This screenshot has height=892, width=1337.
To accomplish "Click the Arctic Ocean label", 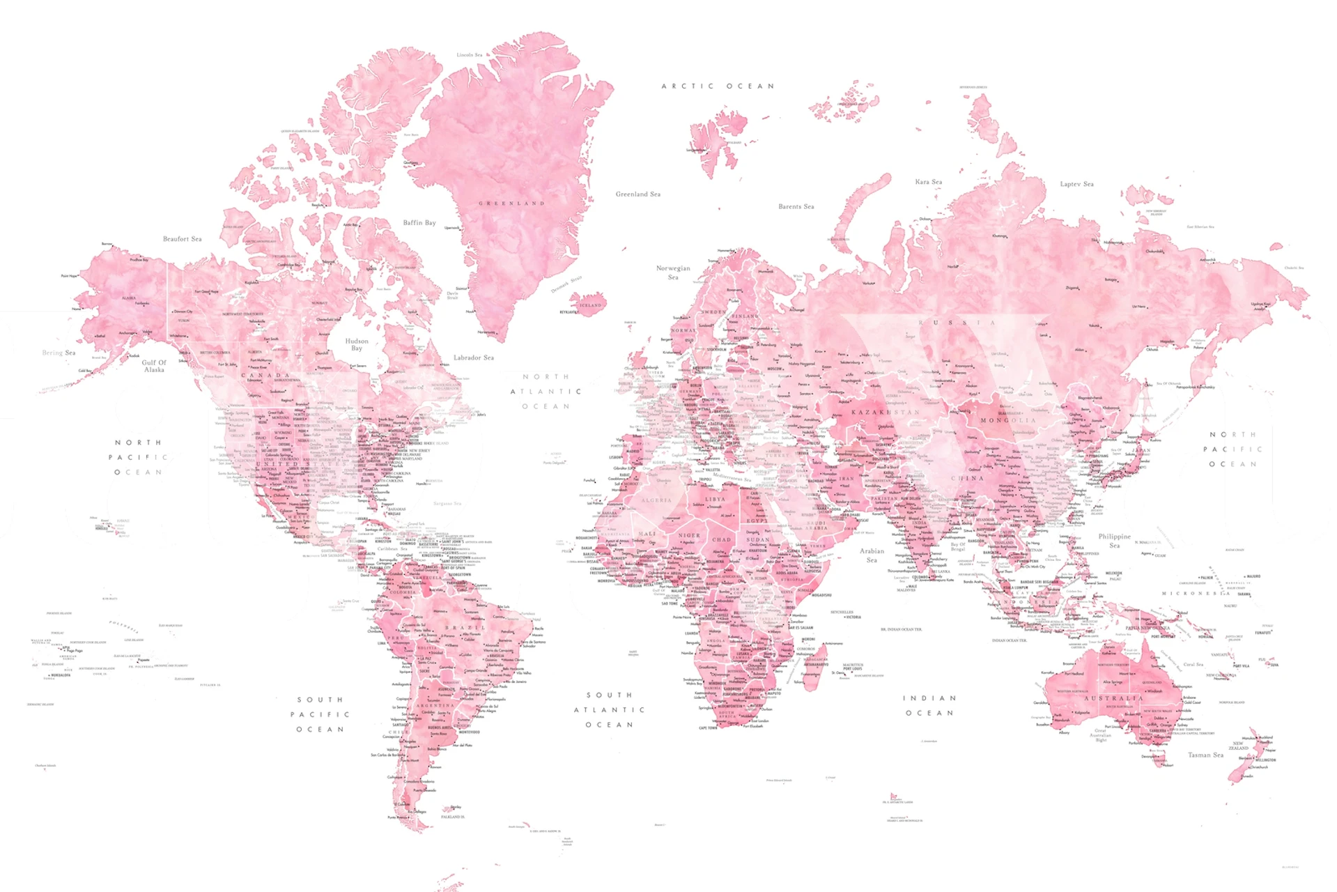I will (718, 86).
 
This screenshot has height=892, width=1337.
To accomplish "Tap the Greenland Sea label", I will (637, 194).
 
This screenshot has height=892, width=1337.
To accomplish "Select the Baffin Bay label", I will (419, 223).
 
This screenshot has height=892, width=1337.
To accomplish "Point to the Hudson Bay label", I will (357, 344).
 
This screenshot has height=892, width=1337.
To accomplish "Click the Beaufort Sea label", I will (183, 239).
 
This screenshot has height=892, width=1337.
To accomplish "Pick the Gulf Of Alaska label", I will (154, 366).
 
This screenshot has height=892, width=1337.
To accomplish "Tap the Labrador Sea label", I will (474, 357).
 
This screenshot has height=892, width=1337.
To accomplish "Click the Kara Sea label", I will (928, 182).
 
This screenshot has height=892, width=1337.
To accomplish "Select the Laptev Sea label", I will (1076, 184).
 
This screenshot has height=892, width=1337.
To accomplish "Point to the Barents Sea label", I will (796, 206).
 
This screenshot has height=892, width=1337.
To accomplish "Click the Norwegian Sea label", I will (673, 272).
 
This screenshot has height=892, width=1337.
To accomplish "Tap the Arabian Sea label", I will (872, 555).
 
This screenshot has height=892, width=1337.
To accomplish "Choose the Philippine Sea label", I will (1115, 541).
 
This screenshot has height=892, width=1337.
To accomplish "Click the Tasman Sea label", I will (1205, 755).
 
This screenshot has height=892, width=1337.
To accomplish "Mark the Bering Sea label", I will (59, 353).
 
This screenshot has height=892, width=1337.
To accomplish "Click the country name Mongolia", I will (1008, 420).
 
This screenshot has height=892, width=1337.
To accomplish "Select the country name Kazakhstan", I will (885, 413).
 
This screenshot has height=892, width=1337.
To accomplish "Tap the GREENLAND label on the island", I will (511, 203).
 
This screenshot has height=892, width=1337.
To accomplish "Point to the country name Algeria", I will (656, 500).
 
